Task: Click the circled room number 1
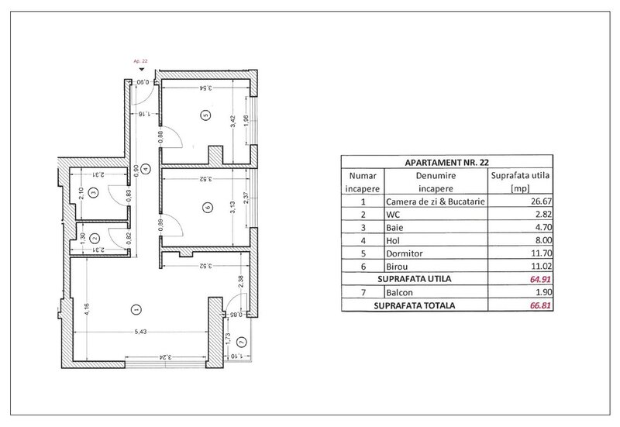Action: (x=136, y=309)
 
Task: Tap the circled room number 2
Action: (x=93, y=239)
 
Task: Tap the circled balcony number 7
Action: (x=242, y=342)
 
